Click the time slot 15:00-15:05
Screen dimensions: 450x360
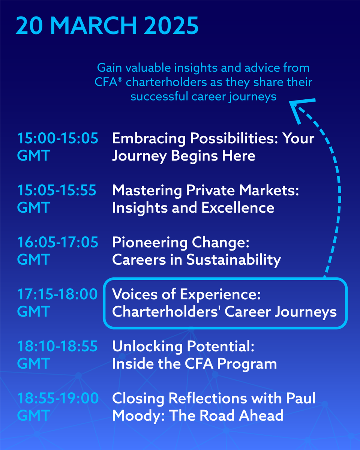[58, 138]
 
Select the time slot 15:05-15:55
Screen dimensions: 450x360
[57, 190]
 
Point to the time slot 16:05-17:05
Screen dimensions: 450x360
[58, 242]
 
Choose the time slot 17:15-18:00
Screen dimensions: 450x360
[57, 294]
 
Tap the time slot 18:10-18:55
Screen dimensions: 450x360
[57, 346]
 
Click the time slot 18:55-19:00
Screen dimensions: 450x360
[58, 398]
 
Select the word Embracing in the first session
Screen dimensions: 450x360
[148, 139]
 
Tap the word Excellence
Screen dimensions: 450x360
[238, 208]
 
